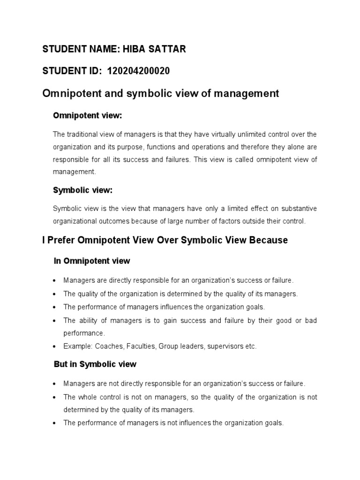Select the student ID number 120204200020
pos(138,71)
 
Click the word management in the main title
pos(241,93)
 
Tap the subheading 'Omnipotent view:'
pos(88,115)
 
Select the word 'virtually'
pos(220,135)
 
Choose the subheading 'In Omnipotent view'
pos(92,261)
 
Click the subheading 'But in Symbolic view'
pos(95,364)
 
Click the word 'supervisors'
pos(222,347)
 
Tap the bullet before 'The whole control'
pos(55,397)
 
